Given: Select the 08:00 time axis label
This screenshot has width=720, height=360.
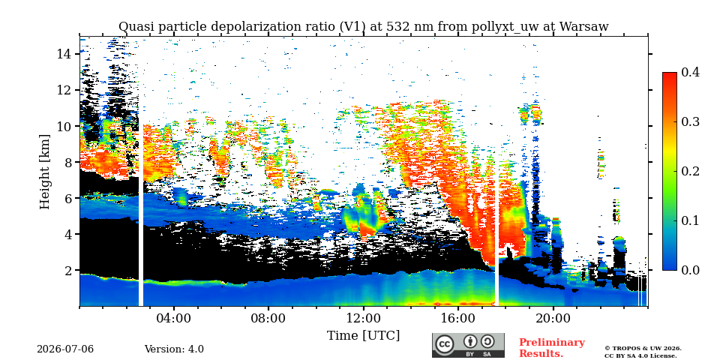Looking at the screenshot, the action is (268, 319).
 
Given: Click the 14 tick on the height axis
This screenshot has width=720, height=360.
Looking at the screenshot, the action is (64, 54).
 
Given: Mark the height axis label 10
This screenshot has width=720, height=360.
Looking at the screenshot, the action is (64, 126).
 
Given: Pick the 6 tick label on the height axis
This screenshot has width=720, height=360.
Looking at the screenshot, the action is (68, 198).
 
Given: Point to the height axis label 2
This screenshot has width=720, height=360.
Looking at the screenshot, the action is (68, 271).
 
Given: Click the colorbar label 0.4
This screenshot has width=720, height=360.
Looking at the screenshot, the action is (690, 73).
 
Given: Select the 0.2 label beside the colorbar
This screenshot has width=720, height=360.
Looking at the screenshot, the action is (690, 171).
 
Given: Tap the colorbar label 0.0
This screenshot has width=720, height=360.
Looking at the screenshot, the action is (690, 270).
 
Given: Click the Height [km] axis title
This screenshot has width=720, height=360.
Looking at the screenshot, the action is (44, 172).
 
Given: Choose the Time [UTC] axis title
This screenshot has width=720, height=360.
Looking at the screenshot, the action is (363, 336).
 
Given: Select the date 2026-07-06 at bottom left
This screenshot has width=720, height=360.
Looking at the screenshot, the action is (65, 349).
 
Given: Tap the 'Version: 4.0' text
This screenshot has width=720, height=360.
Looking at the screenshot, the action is (174, 349).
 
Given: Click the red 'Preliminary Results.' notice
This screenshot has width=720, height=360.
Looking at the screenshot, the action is (552, 348).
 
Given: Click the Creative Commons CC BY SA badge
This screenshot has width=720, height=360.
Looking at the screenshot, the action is (468, 345).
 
